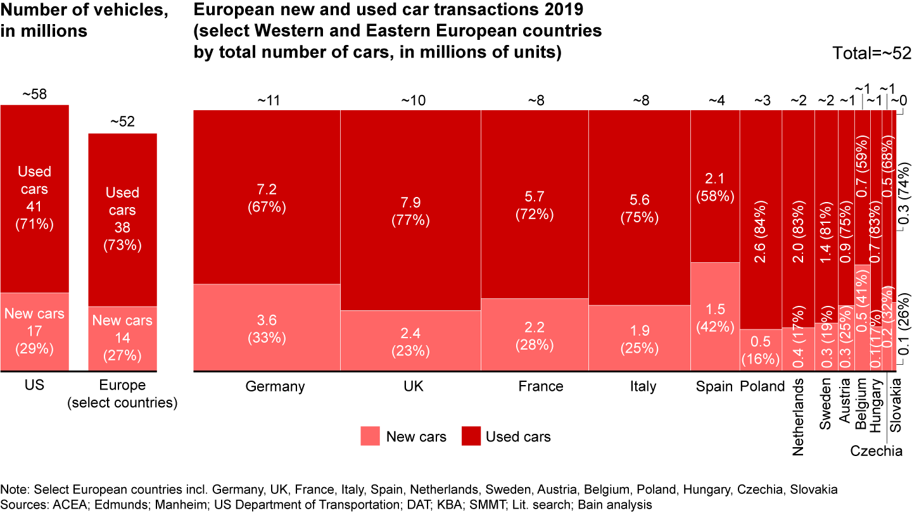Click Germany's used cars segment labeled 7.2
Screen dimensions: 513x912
click(x=267, y=196)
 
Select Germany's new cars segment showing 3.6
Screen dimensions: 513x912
click(x=267, y=327)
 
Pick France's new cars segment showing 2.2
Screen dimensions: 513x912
click(x=535, y=334)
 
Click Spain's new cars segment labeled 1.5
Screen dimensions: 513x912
click(x=714, y=317)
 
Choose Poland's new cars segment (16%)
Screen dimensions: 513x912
click(x=761, y=350)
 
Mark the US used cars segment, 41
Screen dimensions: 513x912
click(x=34, y=198)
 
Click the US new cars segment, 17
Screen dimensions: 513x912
click(x=34, y=331)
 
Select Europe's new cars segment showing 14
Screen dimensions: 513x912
click(x=122, y=338)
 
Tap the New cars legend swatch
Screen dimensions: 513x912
click(x=370, y=436)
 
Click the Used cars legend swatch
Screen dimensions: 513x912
click(x=471, y=436)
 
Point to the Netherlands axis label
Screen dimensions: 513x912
click(x=797, y=417)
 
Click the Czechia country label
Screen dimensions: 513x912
click(x=876, y=452)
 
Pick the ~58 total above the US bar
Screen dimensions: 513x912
click(x=34, y=94)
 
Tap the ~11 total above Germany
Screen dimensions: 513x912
click(x=267, y=99)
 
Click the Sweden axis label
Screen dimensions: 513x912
click(x=825, y=405)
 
